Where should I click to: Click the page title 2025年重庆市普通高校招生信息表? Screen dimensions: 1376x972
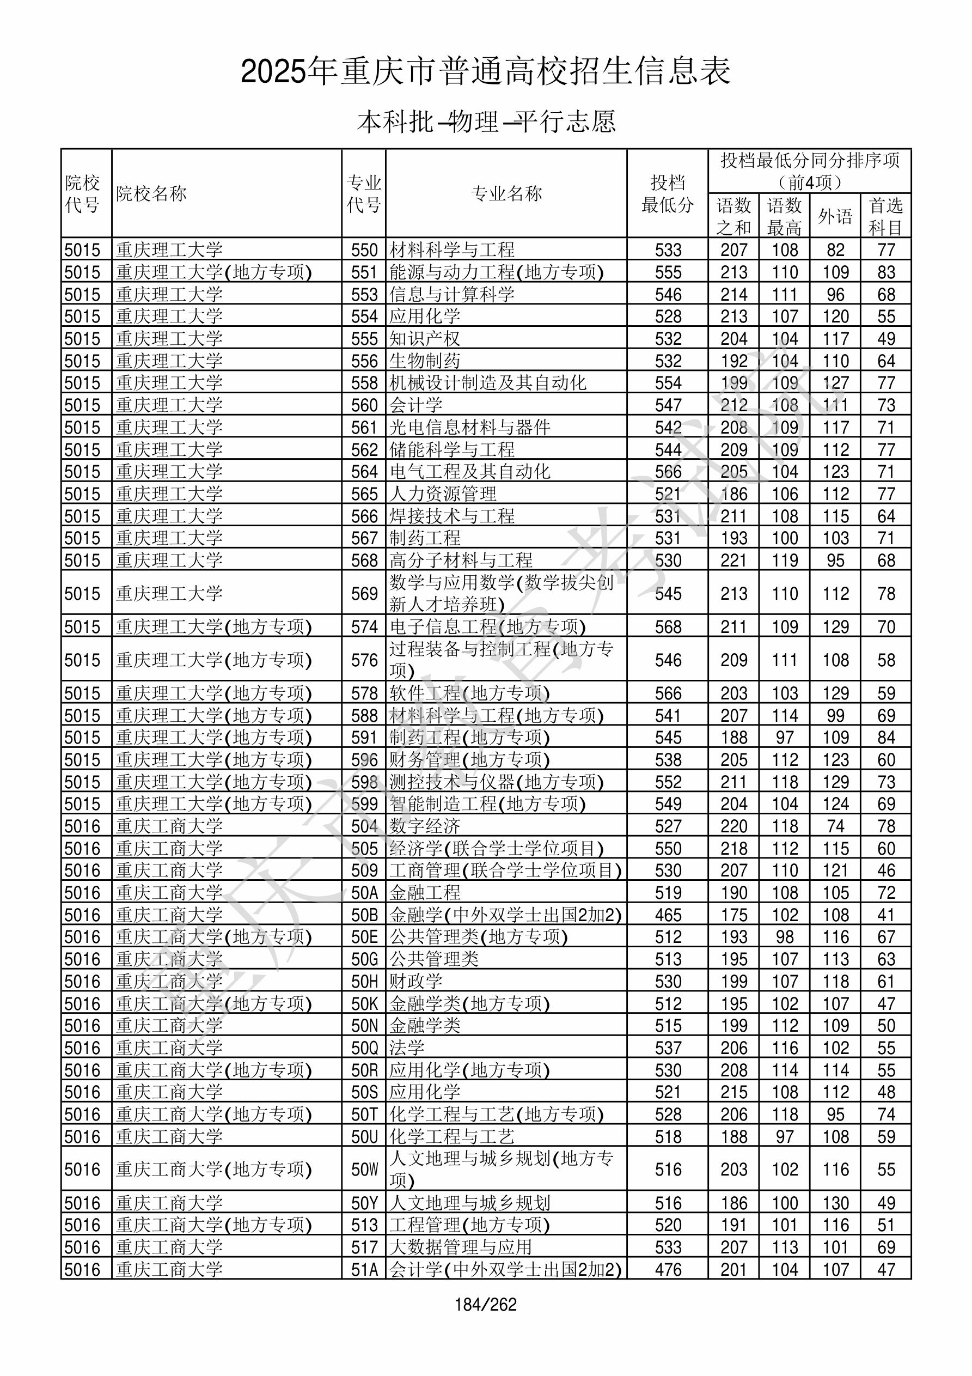click(485, 72)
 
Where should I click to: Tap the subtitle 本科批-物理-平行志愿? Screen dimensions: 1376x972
click(485, 121)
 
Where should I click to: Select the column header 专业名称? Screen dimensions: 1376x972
click(506, 193)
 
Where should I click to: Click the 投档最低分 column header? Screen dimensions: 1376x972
click(668, 193)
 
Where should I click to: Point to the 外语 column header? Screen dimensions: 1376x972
click(835, 216)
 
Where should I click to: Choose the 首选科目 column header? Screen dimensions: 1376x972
click(886, 216)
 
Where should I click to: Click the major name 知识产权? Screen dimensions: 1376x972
click(425, 339)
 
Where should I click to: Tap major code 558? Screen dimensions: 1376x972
click(364, 383)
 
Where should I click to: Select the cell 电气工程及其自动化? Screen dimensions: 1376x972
click(470, 472)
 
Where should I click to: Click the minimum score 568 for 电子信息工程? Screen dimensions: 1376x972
click(668, 627)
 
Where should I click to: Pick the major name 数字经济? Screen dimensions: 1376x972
click(425, 826)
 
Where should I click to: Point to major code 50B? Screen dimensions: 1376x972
click(364, 915)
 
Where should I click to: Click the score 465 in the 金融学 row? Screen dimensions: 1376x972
click(668, 915)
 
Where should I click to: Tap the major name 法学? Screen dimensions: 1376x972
click(407, 1048)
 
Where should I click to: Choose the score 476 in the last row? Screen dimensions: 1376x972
click(668, 1269)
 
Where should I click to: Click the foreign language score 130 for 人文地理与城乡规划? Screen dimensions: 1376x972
click(835, 1203)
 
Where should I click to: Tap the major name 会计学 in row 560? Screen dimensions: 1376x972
click(416, 405)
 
